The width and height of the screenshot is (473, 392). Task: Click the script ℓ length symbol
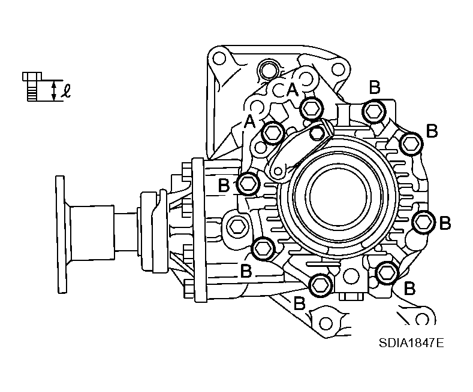coord(66,92)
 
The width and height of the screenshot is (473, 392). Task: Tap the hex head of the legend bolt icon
coord(32,76)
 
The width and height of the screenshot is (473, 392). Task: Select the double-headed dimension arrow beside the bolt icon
coord(54,91)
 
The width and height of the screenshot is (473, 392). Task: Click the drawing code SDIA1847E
coord(411,343)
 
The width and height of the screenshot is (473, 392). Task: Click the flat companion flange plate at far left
coord(61,234)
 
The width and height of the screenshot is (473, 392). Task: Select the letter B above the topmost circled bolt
coord(374,87)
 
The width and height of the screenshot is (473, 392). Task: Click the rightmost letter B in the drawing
coord(445,223)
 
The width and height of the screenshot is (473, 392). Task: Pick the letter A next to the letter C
coord(293,90)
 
